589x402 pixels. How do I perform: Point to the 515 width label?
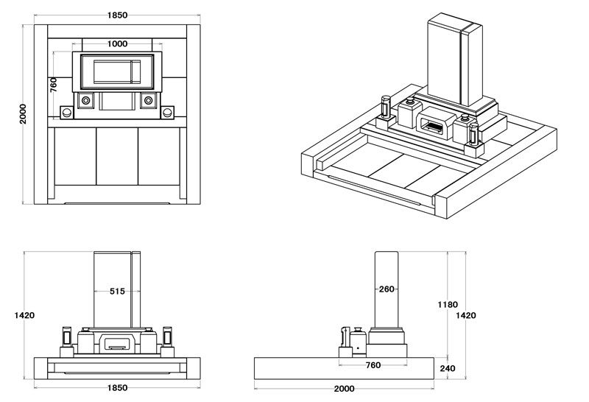coord(117,291)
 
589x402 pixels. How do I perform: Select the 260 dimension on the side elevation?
coord(387,289)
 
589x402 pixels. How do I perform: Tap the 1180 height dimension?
coord(447,304)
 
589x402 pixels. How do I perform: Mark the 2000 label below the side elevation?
coord(344,388)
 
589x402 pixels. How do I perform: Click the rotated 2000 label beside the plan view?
coord(24,113)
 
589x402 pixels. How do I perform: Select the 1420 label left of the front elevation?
coord(24,315)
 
